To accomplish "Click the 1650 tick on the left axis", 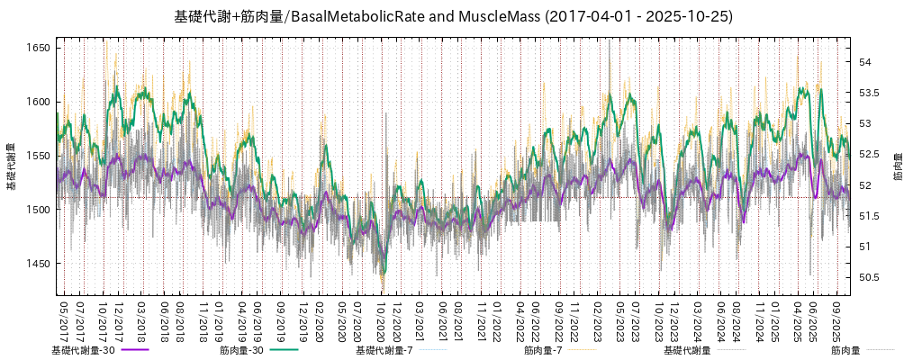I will coord(38,48).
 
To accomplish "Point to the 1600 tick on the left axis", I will coord(38,102).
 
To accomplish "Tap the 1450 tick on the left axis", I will coord(38,264).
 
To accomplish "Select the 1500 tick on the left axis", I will coord(38,210).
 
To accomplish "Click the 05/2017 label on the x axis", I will coord(63,320).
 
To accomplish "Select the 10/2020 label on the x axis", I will coord(381,320).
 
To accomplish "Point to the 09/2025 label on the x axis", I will coord(837,320).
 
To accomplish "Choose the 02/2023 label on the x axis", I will coord(597,320).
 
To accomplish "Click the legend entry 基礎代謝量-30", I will coord(83,350).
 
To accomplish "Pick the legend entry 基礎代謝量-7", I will coord(384,350).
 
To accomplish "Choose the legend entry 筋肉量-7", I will coord(543,350).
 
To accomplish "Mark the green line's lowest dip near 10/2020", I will coord(384,273).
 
